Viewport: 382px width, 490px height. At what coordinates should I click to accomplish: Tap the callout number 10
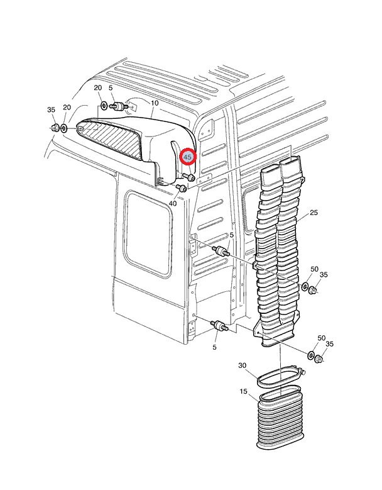155,103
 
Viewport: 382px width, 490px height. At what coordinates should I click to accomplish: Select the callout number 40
173,203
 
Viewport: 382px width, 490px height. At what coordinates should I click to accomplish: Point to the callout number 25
314,213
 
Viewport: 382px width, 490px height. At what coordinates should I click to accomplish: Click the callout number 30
243,365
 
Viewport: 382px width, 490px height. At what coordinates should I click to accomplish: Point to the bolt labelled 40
182,188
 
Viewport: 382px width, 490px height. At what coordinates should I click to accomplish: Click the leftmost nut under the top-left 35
55,128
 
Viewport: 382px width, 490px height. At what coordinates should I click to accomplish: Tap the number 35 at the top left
52,110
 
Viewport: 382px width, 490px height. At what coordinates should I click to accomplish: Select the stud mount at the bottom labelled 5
220,327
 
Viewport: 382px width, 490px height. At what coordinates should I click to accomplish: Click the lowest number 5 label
215,347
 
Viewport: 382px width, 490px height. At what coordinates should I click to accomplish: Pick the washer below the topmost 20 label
104,105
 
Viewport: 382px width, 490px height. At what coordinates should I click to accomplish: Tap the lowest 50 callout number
322,338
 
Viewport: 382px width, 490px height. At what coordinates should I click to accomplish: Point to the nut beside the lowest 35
319,360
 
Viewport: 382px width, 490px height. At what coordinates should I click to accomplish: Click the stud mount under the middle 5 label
221,252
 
